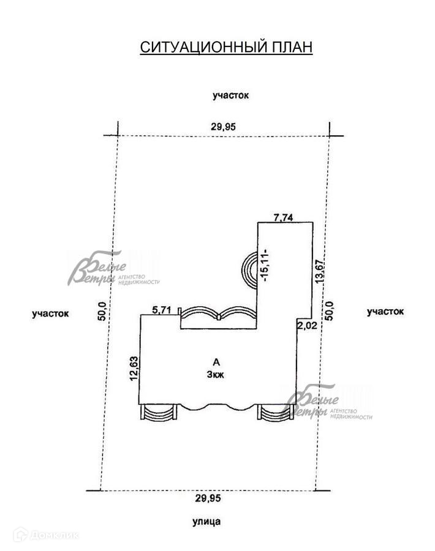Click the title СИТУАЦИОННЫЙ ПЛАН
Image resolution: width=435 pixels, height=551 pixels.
226,47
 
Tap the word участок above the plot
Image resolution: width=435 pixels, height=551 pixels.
231,95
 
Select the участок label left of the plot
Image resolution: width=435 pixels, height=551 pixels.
51,313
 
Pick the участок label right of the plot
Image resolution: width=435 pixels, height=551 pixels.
385,312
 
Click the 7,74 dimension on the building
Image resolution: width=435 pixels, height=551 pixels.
284,217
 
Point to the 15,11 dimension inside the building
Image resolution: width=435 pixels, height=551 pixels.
266,264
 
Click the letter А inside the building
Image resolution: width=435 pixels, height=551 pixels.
216,362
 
